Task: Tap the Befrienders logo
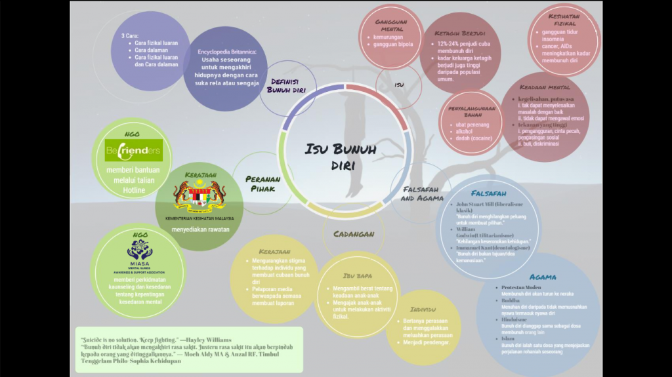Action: pyautogui.click(x=133, y=150)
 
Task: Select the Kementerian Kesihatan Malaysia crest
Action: pyautogui.click(x=199, y=195)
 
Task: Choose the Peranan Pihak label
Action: pyautogui.click(x=263, y=184)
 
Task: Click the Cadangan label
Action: pyautogui.click(x=354, y=234)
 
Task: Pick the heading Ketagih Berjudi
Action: pyautogui.click(x=460, y=33)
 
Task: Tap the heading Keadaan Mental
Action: pyautogui.click(x=545, y=87)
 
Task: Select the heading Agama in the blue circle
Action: pyautogui.click(x=543, y=277)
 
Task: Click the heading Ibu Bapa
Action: pyautogui.click(x=358, y=276)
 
